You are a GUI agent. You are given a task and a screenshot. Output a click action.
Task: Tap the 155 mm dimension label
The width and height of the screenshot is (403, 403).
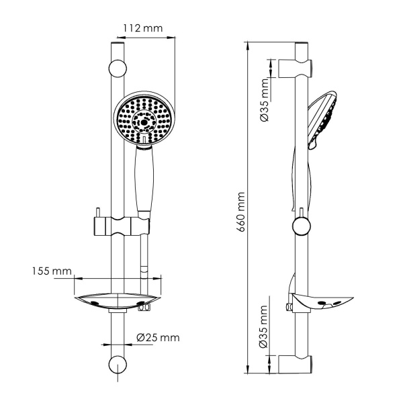52,271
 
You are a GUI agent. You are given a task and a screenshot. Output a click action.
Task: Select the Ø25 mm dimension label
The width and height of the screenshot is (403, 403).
158,338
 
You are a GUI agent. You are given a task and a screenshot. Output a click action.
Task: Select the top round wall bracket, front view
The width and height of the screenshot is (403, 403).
118,68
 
